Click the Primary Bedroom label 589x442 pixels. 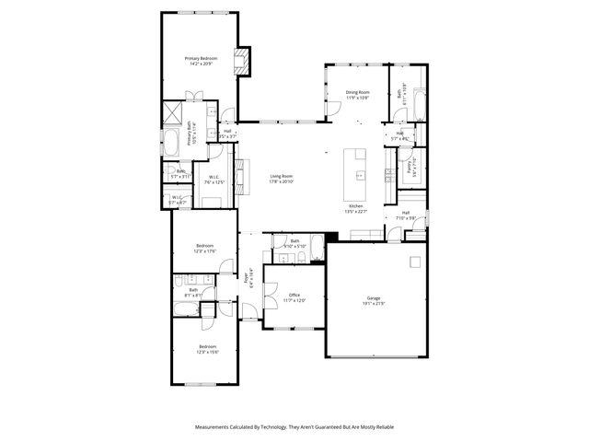pos(201,58)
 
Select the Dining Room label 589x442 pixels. pos(357,91)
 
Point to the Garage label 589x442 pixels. pos(374,298)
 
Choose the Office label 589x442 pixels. pos(294,295)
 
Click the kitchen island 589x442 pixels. pos(355,167)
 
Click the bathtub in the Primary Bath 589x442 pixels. pos(172,142)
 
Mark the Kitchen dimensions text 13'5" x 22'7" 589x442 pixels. pos(356,211)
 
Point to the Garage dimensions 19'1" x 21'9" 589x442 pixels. pos(374,304)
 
